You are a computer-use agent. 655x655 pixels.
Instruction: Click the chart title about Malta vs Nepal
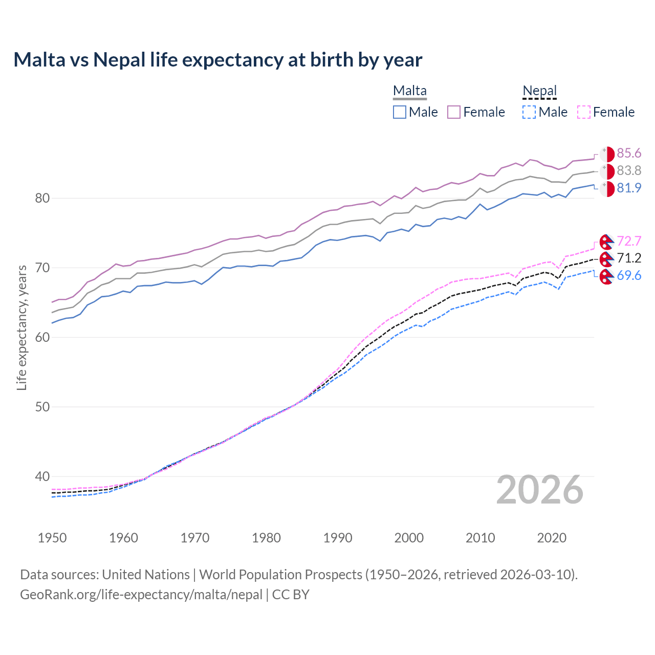coord(217,60)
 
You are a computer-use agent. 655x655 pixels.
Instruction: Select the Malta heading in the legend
coord(409,91)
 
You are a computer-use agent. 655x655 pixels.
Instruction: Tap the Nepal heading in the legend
coord(539,91)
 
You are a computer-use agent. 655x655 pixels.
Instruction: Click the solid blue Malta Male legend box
coord(400,112)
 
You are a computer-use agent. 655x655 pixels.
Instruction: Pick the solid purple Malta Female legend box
coord(454,112)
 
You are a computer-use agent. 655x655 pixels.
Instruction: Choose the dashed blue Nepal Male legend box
coord(529,112)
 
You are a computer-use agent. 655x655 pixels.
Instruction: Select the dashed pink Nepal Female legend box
coord(584,112)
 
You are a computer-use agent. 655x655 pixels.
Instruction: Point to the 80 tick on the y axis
coord(42,198)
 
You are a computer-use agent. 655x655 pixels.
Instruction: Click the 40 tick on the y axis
coord(42,476)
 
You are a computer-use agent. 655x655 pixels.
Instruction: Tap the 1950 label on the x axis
coord(52,538)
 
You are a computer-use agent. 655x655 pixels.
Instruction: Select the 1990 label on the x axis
coord(338,538)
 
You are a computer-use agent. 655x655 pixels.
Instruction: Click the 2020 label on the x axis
coord(552,538)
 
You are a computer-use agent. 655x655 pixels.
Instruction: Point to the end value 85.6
coord(629,154)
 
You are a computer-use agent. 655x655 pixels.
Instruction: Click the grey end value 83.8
coord(629,171)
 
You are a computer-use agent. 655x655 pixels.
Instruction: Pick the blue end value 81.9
coord(629,188)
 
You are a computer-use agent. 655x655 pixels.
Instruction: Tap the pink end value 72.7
coord(629,241)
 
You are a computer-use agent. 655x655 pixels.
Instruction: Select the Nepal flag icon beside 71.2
coord(606,258)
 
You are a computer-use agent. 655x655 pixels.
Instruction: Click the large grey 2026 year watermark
coord(540,490)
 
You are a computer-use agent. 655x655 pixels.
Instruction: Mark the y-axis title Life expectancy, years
coord(21,327)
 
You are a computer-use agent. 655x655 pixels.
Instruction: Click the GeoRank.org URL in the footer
coord(141,595)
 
